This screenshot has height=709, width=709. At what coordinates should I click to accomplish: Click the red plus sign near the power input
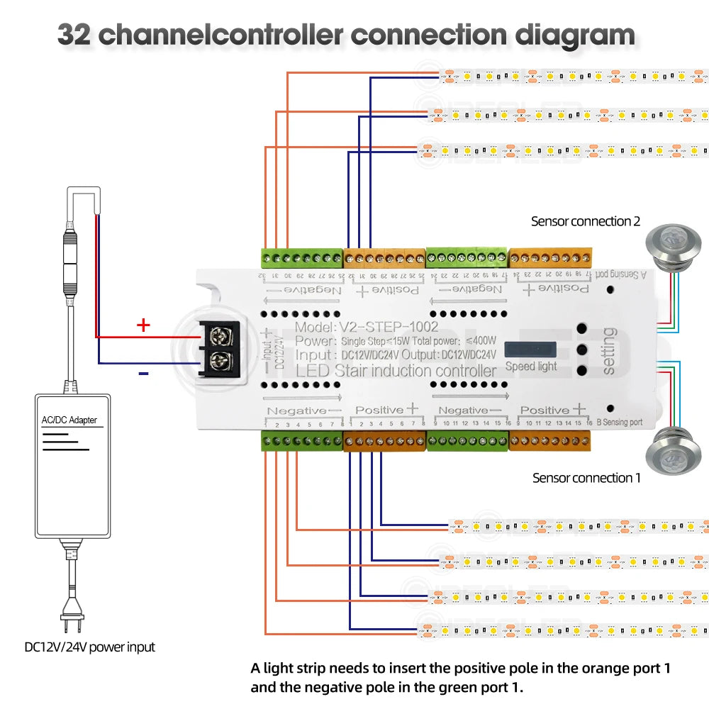(x=143, y=325)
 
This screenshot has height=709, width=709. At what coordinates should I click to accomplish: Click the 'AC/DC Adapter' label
(x=69, y=420)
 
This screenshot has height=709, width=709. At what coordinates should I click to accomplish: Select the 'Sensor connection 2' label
(x=586, y=222)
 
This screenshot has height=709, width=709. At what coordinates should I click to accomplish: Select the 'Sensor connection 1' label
(x=586, y=478)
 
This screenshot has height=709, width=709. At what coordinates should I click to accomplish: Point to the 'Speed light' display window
(x=531, y=350)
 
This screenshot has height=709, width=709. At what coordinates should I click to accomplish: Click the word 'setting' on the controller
(x=608, y=350)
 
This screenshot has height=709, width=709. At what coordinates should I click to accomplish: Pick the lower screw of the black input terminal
(x=218, y=359)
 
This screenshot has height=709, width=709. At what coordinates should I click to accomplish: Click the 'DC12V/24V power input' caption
(x=89, y=647)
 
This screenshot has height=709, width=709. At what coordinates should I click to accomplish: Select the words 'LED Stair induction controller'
(x=396, y=371)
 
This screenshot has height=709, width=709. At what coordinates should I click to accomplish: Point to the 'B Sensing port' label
(x=619, y=423)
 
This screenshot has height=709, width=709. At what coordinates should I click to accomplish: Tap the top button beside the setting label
(x=581, y=328)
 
